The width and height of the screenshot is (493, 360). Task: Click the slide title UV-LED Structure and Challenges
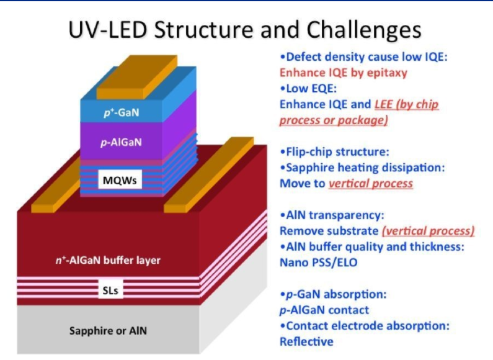[246, 29]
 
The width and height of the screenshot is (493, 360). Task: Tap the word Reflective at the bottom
[306, 341]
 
